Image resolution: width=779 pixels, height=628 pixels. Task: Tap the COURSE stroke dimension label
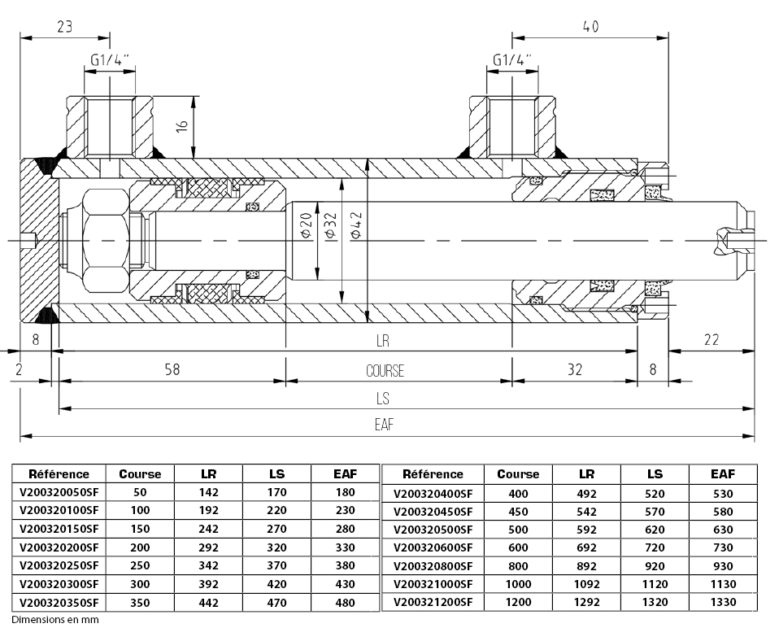pyautogui.click(x=385, y=371)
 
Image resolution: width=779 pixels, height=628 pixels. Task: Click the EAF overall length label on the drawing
pyautogui.click(x=385, y=424)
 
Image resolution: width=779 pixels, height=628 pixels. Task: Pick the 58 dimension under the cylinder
pyautogui.click(x=171, y=369)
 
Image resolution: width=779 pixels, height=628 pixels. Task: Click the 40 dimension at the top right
pyautogui.click(x=590, y=26)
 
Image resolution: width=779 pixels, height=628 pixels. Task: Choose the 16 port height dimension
pyautogui.click(x=182, y=126)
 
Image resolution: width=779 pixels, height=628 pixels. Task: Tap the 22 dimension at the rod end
pyautogui.click(x=711, y=340)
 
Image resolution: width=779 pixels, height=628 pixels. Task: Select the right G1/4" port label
pyautogui.click(x=512, y=60)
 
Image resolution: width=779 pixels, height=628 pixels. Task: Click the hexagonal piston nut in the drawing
pyautogui.click(x=105, y=241)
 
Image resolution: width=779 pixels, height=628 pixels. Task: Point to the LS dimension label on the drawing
pyautogui.click(x=383, y=398)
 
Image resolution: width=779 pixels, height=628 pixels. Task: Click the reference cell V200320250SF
pyautogui.click(x=58, y=565)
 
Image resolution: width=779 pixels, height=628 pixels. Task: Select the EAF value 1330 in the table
pyautogui.click(x=723, y=603)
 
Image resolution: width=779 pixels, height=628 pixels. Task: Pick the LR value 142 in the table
pyautogui.click(x=209, y=491)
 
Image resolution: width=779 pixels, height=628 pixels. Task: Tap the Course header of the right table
pyautogui.click(x=518, y=473)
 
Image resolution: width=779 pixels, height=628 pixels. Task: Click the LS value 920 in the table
pyautogui.click(x=654, y=566)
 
